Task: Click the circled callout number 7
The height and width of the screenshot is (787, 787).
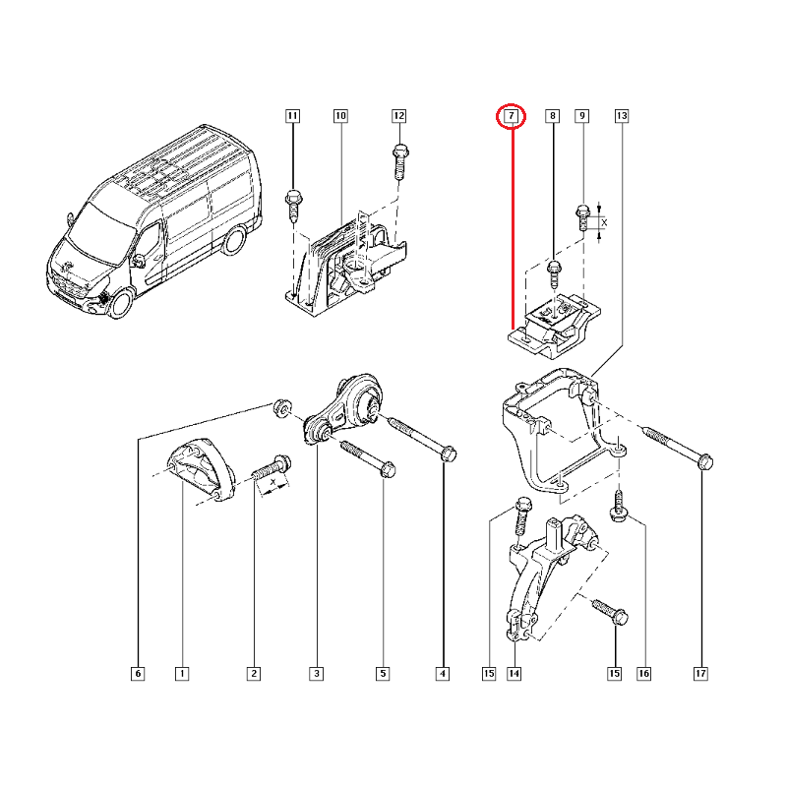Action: pyautogui.click(x=512, y=117)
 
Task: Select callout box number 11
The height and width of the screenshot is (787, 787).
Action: pyautogui.click(x=292, y=116)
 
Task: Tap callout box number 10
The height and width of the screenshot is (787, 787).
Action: pyautogui.click(x=340, y=116)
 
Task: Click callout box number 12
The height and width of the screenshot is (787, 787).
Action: pyautogui.click(x=398, y=116)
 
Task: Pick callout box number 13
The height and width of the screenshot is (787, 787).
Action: pyautogui.click(x=621, y=116)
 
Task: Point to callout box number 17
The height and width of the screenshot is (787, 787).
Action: pyautogui.click(x=701, y=674)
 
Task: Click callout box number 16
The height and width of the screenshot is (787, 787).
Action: pyautogui.click(x=643, y=674)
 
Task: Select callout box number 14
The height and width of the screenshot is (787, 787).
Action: pyautogui.click(x=514, y=674)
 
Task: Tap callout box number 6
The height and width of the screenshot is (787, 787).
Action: pyautogui.click(x=137, y=674)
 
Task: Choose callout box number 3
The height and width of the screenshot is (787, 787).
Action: pyautogui.click(x=316, y=674)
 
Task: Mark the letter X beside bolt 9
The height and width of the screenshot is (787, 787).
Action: pyautogui.click(x=604, y=223)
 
